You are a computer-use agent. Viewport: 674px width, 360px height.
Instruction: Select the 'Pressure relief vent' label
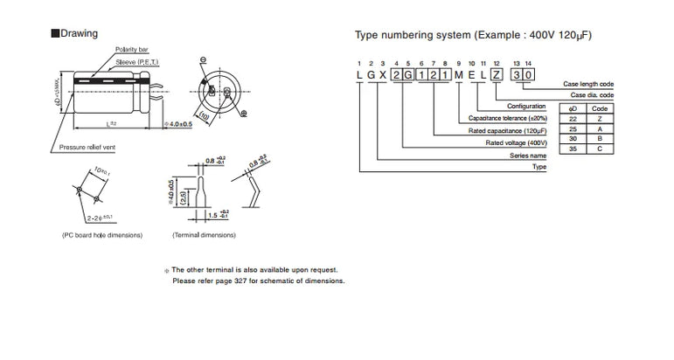tap(88, 149)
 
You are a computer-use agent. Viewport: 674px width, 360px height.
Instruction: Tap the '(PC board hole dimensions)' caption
tap(96, 236)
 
